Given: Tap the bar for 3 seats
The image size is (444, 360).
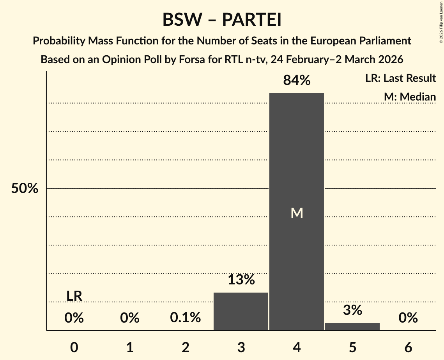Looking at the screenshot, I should point(241,311).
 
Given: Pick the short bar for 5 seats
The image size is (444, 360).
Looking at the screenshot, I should point(352,326).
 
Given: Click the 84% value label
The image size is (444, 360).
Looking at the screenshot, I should point(297,81).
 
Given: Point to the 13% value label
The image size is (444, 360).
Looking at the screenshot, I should point(241,280).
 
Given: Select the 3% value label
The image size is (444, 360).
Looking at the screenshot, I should point(352,310).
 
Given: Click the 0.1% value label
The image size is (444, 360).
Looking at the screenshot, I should point(186,318).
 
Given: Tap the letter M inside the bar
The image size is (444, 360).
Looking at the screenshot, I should point(297,213).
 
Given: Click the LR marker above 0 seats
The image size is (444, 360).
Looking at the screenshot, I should point(74,296).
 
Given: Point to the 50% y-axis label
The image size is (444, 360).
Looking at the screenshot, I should point(25,189).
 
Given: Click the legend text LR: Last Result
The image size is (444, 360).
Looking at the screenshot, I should point(400,78).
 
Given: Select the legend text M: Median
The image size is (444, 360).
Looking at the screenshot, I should point(409,97).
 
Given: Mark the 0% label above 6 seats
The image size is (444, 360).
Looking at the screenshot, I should point(408,318).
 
